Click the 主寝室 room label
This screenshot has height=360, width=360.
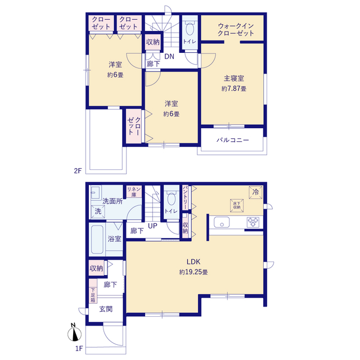[x=233, y=78]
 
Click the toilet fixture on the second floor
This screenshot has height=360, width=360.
[x=189, y=29]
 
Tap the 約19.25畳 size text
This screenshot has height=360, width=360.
[x=194, y=272]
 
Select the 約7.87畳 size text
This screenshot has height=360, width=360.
[x=233, y=89]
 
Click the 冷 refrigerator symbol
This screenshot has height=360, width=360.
[x=255, y=192]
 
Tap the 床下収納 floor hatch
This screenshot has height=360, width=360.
[x=235, y=205]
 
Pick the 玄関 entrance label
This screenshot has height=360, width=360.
[x=106, y=309]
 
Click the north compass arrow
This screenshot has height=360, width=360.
[x=73, y=333]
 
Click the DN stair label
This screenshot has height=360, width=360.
[x=169, y=56]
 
